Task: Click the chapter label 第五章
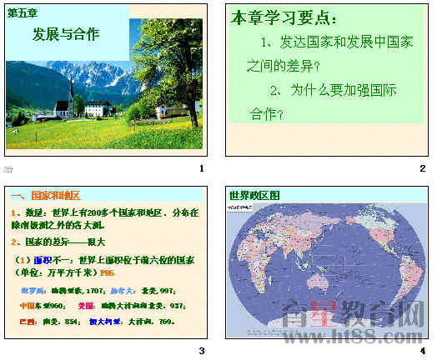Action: tap(24, 12)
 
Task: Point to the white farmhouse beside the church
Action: tap(98, 107)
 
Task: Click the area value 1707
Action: tap(96, 292)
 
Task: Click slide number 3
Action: tap(201, 351)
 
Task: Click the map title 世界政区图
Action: tap(254, 196)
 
